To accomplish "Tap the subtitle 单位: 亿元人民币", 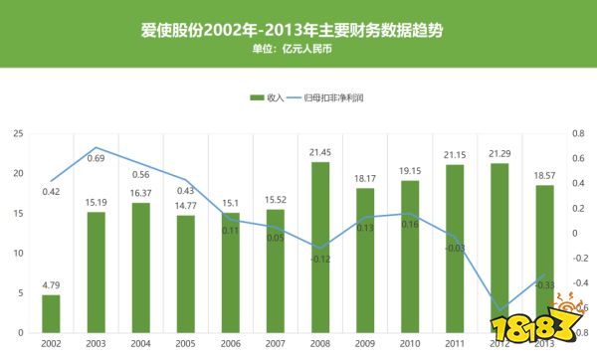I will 298,49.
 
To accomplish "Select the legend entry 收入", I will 268,96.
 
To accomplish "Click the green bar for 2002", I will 51,313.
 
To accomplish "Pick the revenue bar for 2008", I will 319,249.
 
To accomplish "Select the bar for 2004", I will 140,268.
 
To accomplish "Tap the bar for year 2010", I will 409,257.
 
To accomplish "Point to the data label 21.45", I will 319,152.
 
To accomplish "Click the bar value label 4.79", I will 51,285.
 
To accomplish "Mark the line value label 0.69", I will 96,158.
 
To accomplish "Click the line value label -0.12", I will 319,259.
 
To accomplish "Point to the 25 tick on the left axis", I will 17,133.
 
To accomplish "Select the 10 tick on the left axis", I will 17,253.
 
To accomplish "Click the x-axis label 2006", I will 230,343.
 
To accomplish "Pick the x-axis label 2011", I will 454,343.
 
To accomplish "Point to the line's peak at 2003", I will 96,147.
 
